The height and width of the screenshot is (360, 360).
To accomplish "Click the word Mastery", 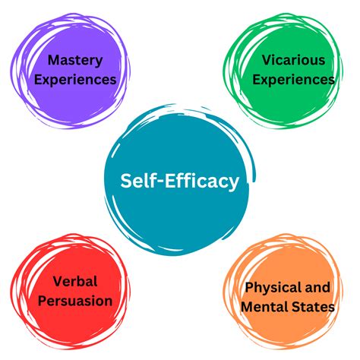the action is tap(75, 61).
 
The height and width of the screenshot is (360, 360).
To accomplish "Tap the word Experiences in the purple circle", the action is tap(75, 80).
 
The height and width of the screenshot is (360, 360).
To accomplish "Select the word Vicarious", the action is tap(293, 60).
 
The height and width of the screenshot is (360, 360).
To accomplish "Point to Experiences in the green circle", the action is tap(293, 80).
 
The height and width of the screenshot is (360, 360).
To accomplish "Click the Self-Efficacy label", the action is tap(180, 182).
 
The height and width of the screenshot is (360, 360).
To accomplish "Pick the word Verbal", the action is tap(75, 281).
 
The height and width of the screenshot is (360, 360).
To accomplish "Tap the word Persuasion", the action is tap(75, 301).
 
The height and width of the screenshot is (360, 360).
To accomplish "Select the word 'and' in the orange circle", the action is tap(318, 287).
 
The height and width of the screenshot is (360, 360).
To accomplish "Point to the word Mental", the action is tap(264, 307).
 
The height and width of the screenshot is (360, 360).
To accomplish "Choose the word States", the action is tap(312, 307).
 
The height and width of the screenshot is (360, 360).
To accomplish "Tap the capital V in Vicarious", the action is tap(267, 60).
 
